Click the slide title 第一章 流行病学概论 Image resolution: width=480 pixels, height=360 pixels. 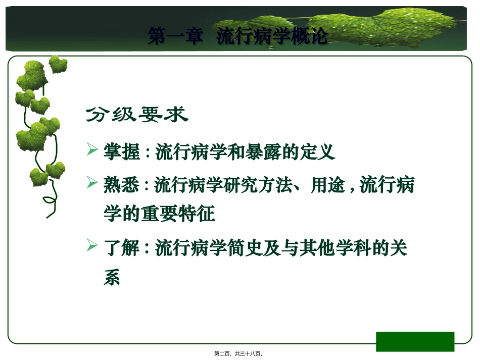coord(237,36)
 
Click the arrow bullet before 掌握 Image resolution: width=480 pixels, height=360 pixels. coord(92,150)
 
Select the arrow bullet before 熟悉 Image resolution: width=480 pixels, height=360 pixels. coord(92,183)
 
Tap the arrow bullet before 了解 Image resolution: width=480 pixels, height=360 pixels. coord(92,246)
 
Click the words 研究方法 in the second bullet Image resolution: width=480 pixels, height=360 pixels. coord(258,185)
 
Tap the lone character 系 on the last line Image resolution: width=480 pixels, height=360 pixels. coord(112,278)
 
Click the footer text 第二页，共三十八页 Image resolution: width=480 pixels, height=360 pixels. coord(239,354)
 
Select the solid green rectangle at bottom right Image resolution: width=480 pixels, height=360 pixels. coord(415,341)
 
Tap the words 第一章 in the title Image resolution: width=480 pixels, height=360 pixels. coord(174,36)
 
